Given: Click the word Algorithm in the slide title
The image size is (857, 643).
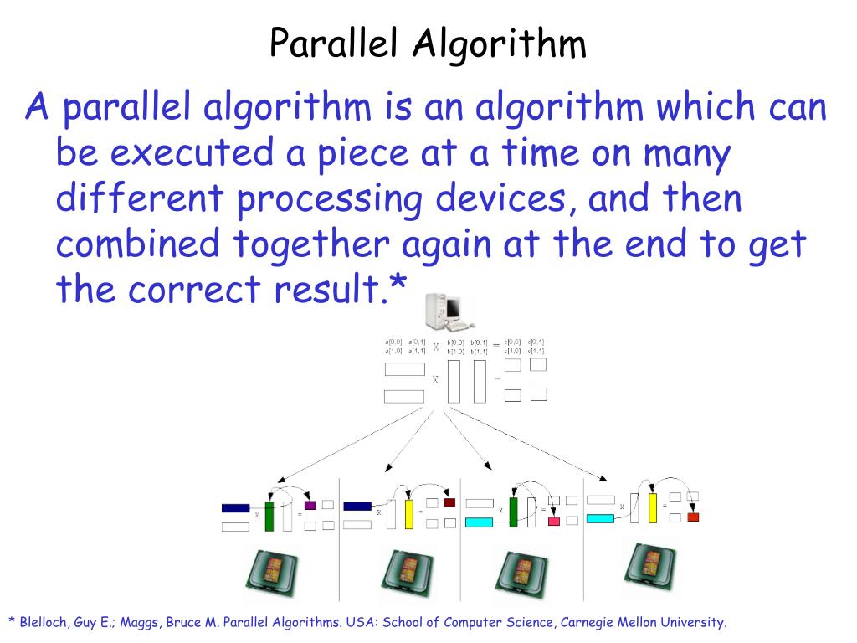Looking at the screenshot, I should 500,44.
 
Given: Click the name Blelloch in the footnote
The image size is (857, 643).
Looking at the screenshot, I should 45,622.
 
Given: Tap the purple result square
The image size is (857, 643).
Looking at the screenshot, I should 310,505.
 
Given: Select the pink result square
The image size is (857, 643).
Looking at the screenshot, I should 553,521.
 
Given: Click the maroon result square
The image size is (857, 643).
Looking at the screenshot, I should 449,502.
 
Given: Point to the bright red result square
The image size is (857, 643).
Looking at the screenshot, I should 693,517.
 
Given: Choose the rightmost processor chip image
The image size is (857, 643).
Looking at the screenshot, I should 649,567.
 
